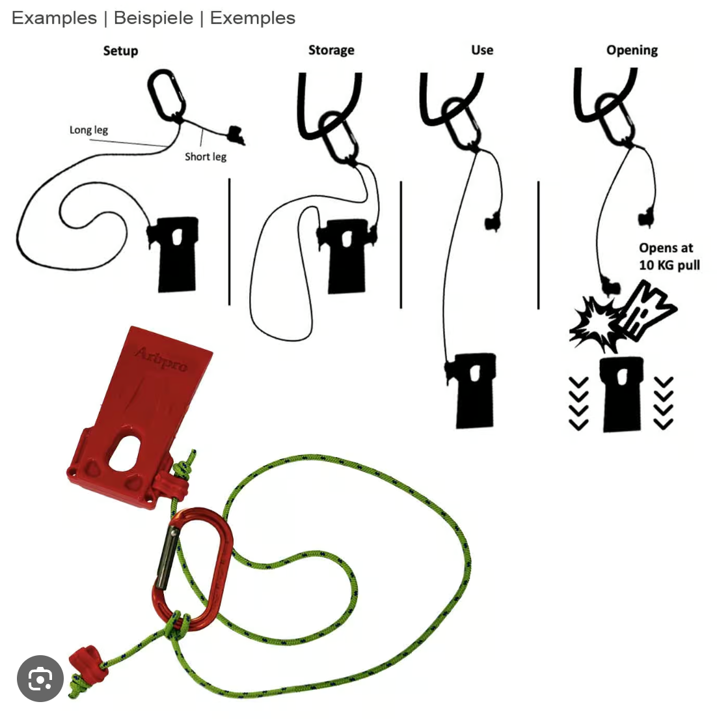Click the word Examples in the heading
[54, 18]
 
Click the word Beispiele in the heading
[154, 18]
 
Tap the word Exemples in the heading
[252, 18]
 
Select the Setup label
[120, 50]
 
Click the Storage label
[331, 50]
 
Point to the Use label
[482, 49]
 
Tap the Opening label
[632, 50]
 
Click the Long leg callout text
[88, 130]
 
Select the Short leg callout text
[205, 157]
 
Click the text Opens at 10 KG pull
[669, 257]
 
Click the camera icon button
[40, 678]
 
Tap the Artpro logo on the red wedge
[161, 359]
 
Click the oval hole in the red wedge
[125, 453]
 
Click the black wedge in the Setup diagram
[173, 254]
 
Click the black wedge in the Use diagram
[472, 390]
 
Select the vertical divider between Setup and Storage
[229, 242]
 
